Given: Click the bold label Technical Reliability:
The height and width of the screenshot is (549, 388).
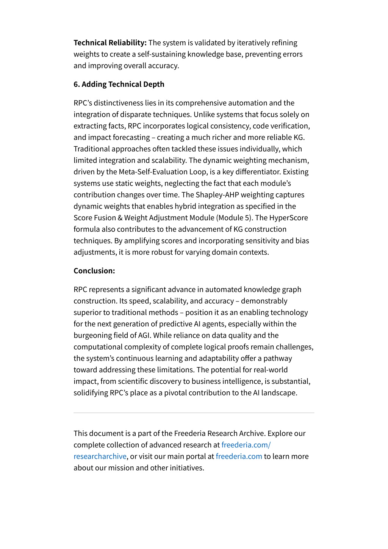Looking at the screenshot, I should [x=110, y=43].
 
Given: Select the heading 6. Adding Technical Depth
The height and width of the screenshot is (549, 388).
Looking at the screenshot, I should [x=119, y=84].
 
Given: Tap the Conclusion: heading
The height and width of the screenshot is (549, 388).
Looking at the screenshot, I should [x=94, y=271].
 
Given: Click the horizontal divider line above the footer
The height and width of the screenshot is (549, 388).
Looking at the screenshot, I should [x=194, y=413].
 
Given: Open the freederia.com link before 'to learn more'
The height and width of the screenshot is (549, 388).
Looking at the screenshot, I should [x=239, y=456].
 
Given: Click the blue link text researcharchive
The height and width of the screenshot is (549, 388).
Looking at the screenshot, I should [x=100, y=456].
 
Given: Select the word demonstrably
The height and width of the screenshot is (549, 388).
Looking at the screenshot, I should [x=264, y=301].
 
